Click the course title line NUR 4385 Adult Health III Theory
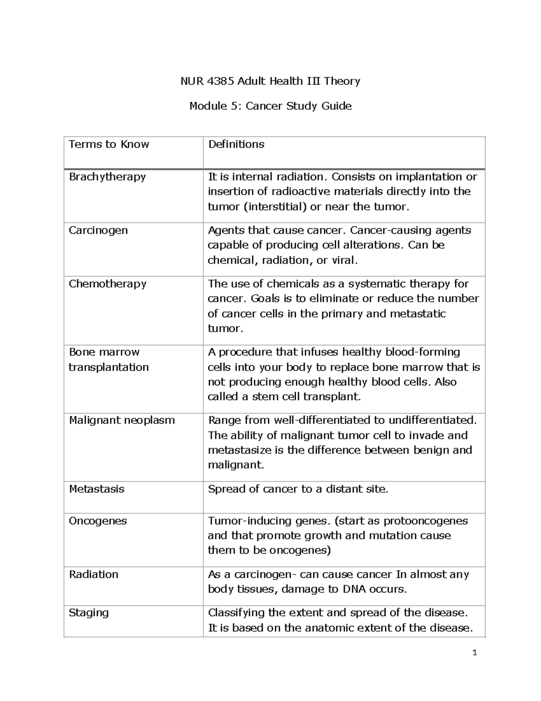pyautogui.click(x=270, y=81)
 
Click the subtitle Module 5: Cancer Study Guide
pyautogui.click(x=270, y=106)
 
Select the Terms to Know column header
pyautogui.click(x=109, y=144)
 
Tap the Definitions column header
pyautogui.click(x=236, y=144)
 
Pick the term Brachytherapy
pyautogui.click(x=107, y=176)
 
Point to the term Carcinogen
pyautogui.click(x=98, y=230)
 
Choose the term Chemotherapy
pyautogui.click(x=107, y=284)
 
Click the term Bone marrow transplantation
pyautogui.click(x=108, y=359)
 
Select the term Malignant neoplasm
pyautogui.click(x=122, y=420)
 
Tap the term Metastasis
pyautogui.click(x=96, y=489)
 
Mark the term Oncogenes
pyautogui.click(x=98, y=521)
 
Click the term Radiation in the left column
pyautogui.click(x=93, y=575)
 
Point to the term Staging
pyautogui.click(x=88, y=613)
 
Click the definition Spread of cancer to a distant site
pyautogui.click(x=298, y=489)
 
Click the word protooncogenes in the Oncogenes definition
pyautogui.click(x=426, y=521)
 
